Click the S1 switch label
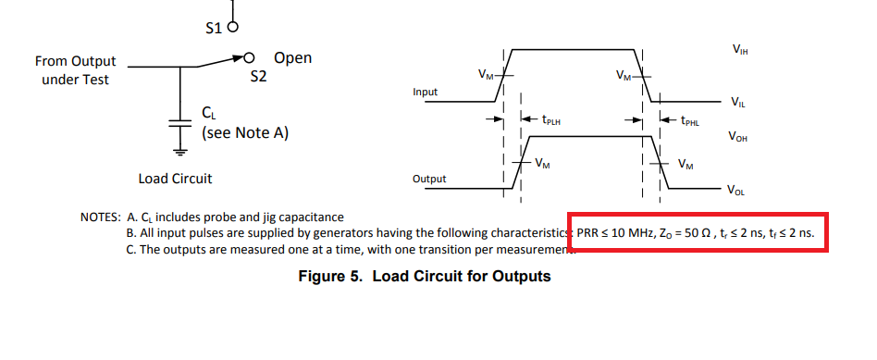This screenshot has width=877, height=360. coord(211,28)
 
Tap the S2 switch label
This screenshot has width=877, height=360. coord(258,78)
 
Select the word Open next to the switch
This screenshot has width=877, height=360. coord(292,58)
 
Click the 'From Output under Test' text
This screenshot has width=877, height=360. coord(75,70)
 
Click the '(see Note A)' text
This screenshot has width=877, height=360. coord(245,133)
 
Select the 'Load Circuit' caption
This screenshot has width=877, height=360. coord(175,178)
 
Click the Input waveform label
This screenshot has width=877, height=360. coord(425,93)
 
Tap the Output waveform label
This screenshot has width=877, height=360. coord(428,179)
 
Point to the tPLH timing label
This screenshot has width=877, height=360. coord(552,119)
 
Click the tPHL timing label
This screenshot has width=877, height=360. coord(690,120)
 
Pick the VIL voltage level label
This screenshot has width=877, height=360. coord(737,102)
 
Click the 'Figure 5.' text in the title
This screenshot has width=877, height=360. coord(331,277)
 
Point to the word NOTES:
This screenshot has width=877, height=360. coord(100,217)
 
